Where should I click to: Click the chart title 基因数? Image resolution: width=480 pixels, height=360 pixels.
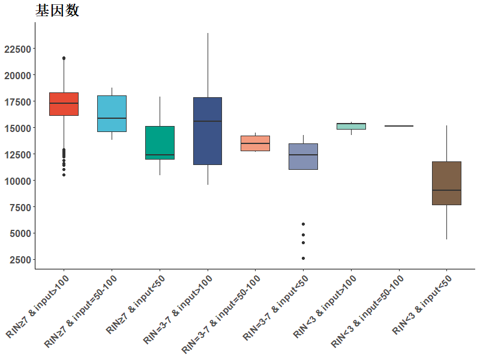[57, 10]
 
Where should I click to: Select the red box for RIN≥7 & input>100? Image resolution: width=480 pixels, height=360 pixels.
[64, 104]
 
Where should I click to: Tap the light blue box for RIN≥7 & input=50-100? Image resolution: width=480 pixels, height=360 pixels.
[112, 113]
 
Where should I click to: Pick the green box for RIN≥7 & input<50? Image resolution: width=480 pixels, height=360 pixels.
[160, 143]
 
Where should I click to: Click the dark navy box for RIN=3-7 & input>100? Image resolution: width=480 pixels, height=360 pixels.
[208, 131]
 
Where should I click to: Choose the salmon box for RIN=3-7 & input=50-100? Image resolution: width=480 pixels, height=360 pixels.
[256, 143]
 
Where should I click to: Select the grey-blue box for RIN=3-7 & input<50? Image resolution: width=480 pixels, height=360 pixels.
[304, 157]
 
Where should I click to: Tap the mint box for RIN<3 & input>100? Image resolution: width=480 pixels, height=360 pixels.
[351, 126]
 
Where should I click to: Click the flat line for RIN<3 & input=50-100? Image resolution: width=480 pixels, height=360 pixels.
[399, 126]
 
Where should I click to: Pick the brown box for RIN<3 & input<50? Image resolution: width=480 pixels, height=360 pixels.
[446, 184]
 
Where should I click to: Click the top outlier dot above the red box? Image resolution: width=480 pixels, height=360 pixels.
[64, 58]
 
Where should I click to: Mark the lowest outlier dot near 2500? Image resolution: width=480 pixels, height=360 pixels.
[304, 259]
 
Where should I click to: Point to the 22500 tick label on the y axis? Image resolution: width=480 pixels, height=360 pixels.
[18, 49]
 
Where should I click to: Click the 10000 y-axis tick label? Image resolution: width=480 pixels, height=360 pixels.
[18, 181]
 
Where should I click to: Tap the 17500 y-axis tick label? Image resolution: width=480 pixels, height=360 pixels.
[18, 102]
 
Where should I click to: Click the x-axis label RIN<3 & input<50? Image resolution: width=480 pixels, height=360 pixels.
[422, 305]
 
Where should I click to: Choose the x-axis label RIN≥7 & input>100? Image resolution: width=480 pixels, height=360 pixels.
[37, 307]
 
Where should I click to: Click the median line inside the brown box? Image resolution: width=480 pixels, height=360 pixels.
[446, 190]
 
